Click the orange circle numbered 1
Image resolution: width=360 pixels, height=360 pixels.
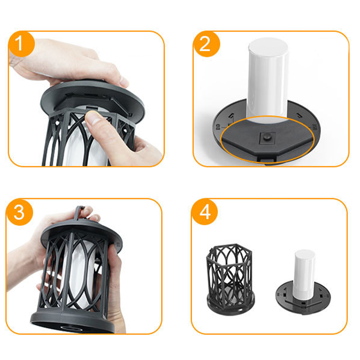coord(21,44)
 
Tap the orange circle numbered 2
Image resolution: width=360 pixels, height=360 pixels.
coord(207,44)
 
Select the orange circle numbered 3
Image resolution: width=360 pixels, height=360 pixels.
coord(19,212)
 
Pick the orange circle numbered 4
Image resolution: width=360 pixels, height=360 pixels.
coord(204,212)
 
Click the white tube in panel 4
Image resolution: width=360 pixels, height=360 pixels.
coord(305,274)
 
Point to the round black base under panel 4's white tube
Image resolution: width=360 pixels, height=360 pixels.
coord(303,299)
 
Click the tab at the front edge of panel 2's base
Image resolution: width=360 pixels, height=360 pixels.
coord(267,158)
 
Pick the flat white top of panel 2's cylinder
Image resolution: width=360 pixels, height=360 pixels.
coord(268,46)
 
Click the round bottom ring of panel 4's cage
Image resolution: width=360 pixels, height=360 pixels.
coord(231,304)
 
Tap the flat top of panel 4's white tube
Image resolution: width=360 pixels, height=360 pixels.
coord(305,254)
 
